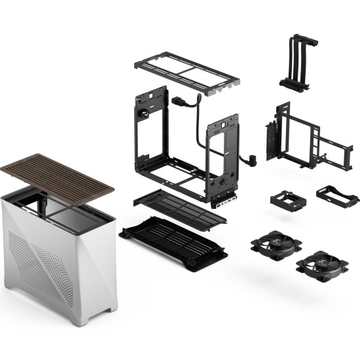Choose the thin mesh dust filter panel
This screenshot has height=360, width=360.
180,208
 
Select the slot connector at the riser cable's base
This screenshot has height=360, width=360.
295,83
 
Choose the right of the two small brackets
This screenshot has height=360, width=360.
336,194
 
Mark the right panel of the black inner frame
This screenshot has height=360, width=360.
223,157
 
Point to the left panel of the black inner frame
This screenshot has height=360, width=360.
150,131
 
